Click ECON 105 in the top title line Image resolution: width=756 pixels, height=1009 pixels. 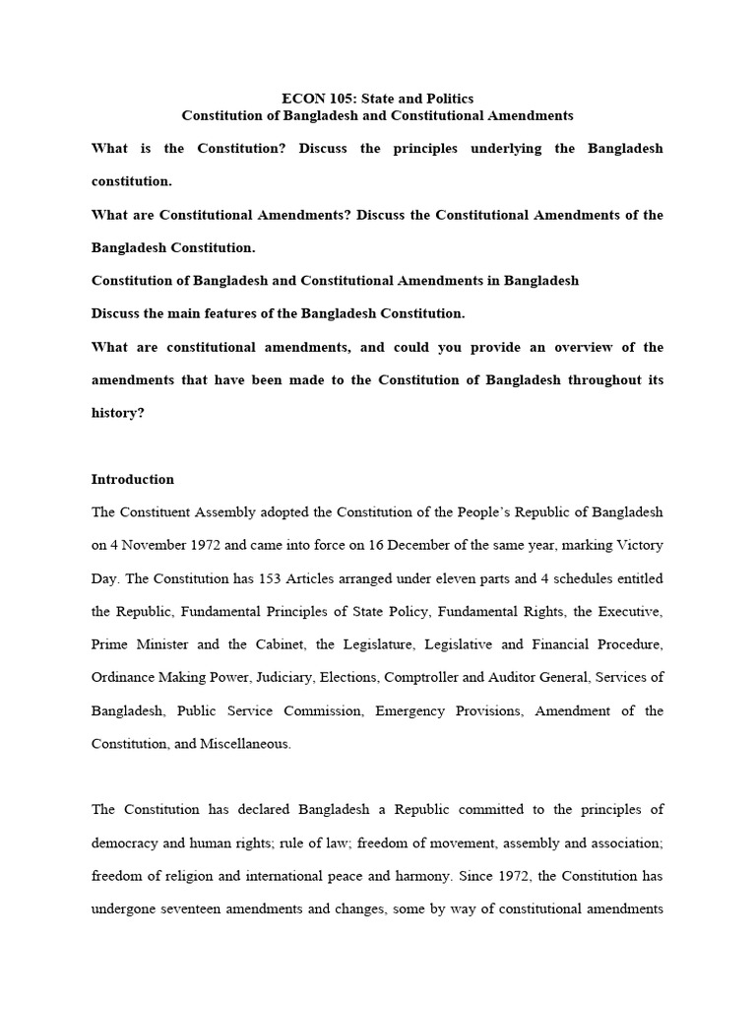point(313,99)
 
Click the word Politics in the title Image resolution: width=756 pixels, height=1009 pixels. point(445,99)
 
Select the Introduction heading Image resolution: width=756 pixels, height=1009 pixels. point(133,480)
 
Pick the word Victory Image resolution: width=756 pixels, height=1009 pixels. point(639,546)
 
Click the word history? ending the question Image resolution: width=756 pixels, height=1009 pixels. point(117,414)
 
